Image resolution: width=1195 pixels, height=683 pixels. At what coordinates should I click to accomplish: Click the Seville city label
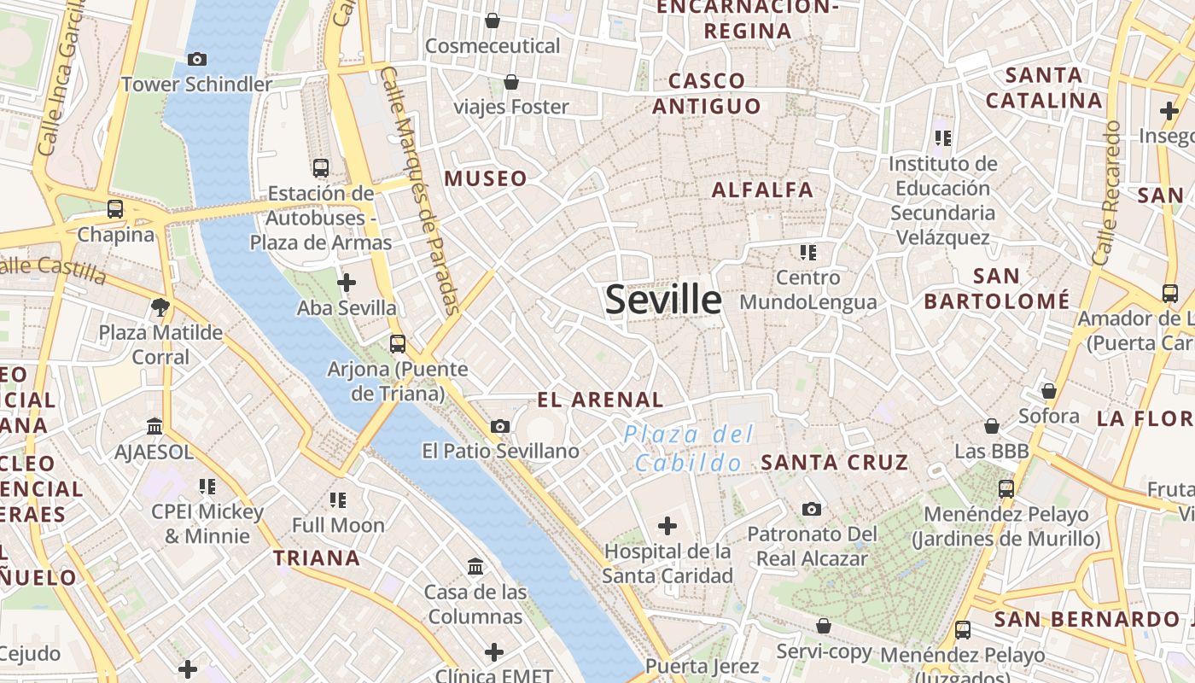(x=663, y=300)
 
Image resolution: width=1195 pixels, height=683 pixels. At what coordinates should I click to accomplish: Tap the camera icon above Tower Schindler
(x=197, y=59)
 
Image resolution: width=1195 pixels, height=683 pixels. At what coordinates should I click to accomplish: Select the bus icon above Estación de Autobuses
(x=321, y=168)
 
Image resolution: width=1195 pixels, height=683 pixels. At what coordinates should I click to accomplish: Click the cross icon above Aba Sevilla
(x=347, y=282)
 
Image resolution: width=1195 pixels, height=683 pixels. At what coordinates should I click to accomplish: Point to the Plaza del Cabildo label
(x=688, y=449)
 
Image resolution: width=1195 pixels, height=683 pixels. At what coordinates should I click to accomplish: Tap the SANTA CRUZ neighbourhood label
(x=834, y=463)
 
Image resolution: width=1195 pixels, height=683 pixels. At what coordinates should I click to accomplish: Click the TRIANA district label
(x=317, y=558)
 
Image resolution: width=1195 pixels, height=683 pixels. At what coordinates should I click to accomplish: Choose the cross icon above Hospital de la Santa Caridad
(x=667, y=525)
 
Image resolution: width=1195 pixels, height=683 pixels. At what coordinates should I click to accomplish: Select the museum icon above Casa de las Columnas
(x=475, y=566)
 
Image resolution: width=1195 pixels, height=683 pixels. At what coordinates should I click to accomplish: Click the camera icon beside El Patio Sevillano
(x=500, y=426)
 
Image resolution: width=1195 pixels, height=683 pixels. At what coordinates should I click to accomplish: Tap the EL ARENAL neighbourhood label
(x=600, y=400)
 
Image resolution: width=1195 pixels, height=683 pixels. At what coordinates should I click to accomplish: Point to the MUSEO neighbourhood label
(x=486, y=178)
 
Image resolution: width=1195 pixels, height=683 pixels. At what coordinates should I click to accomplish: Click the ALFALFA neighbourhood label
(x=762, y=190)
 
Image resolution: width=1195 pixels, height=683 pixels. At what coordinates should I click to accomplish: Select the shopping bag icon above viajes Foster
(x=510, y=82)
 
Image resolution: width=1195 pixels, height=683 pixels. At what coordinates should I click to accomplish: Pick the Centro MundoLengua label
(x=808, y=289)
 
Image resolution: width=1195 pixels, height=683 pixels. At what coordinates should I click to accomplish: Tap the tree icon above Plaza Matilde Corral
(x=160, y=307)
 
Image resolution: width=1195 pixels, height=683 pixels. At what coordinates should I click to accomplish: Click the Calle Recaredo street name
(x=1105, y=193)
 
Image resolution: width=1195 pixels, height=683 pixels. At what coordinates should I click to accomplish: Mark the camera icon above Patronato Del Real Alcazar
(x=812, y=509)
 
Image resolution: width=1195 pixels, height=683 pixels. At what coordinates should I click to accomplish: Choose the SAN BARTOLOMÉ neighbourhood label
(x=996, y=289)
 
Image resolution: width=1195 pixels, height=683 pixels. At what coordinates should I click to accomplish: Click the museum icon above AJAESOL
(x=154, y=425)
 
